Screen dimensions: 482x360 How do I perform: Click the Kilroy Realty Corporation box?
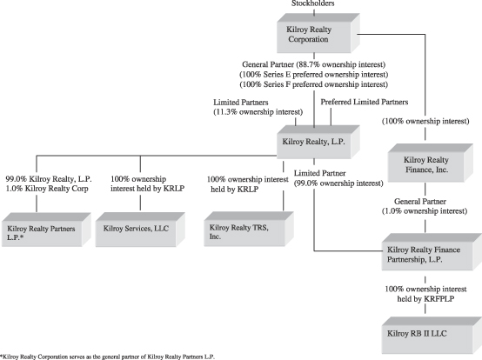tap(318, 33)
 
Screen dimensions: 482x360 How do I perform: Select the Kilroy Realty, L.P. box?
tap(318, 142)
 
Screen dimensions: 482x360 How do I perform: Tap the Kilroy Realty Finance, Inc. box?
tap(431, 163)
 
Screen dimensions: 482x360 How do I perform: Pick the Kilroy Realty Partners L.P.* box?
tap(46, 230)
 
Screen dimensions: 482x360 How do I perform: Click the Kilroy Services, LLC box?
tap(140, 230)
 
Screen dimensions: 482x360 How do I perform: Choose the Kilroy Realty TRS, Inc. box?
tap(249, 229)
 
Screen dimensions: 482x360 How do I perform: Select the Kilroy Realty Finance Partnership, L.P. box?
tap(432, 252)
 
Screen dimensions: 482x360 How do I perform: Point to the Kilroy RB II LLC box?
tap(432, 336)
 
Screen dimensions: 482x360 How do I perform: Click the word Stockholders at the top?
tap(313, 3)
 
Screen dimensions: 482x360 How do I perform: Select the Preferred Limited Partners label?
tap(365, 102)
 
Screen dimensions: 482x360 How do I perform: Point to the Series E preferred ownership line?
tap(314, 75)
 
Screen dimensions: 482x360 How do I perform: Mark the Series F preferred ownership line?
tap(314, 84)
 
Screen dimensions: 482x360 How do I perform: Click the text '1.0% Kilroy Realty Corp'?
tap(47, 189)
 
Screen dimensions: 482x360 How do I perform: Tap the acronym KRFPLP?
tap(439, 299)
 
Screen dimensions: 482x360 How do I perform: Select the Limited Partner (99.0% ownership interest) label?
tap(338, 178)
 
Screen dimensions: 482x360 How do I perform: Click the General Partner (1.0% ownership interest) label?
tap(425, 206)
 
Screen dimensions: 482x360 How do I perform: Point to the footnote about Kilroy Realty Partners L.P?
tap(107, 357)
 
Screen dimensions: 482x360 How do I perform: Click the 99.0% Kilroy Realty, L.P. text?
tap(49, 179)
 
